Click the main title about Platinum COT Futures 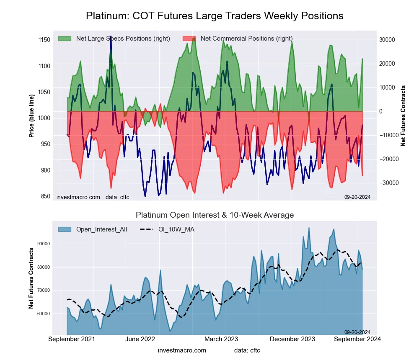coord(215,16)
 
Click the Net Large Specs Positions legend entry coord(123,39)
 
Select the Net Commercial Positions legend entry coord(246,39)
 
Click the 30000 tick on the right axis coord(387,40)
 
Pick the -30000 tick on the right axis coord(388,183)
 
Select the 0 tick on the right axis coord(381,111)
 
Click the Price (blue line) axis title coord(31,114)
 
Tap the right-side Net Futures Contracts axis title coord(403,116)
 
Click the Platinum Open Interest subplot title coord(215,215)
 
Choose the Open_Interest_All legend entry coord(101,229)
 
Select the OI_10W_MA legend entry coord(176,229)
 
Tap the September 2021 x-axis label coord(72,339)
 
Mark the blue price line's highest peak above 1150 coord(111,37)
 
